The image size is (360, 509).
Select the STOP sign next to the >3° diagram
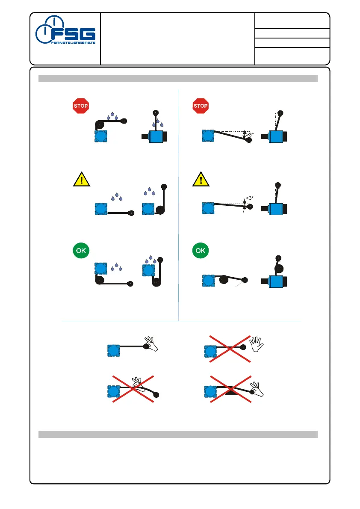(201, 105)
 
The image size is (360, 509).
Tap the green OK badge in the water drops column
(80, 251)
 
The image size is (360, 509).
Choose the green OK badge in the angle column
(201, 251)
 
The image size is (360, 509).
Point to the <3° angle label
(249, 198)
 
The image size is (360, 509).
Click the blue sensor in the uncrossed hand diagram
(113, 350)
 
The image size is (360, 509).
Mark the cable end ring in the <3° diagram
(250, 207)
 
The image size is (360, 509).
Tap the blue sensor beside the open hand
(211, 352)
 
